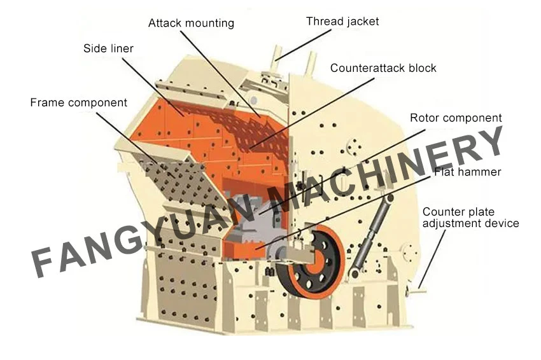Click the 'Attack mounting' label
(191, 24)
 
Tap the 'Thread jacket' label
(342, 22)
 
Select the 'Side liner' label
(108, 48)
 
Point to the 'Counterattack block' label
(383, 68)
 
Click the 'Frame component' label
(79, 103)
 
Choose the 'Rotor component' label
(456, 118)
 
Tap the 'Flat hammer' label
(468, 172)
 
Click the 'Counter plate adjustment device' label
(470, 218)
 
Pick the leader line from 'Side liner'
(153, 87)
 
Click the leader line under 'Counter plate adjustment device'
(432, 259)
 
